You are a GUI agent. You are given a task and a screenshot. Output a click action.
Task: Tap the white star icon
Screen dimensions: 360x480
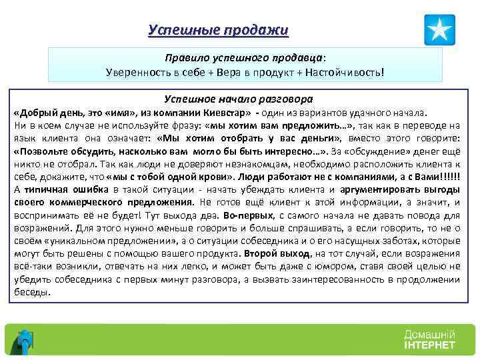[439, 30]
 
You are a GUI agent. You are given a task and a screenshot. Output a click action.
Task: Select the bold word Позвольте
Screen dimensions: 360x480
[44, 151]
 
